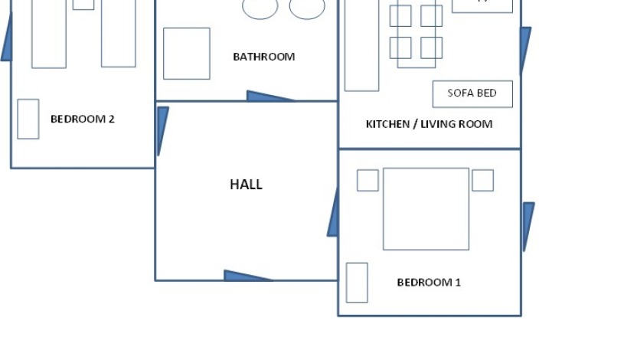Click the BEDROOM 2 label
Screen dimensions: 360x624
click(x=83, y=119)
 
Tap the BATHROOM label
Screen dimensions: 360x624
click(x=263, y=57)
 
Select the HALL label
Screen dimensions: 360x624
click(x=246, y=185)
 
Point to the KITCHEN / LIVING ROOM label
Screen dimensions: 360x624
click(x=429, y=124)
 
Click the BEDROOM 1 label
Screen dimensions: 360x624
click(x=429, y=283)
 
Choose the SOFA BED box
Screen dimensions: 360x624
click(x=472, y=93)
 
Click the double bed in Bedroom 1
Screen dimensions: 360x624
click(x=426, y=209)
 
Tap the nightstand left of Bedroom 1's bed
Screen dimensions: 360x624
click(x=368, y=181)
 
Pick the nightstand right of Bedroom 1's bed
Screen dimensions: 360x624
click(x=482, y=181)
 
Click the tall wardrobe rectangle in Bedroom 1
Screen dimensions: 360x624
click(x=357, y=283)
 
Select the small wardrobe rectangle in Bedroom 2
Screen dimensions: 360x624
click(x=28, y=119)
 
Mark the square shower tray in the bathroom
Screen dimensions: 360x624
click(x=187, y=54)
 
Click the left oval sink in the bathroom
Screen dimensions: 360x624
click(x=260, y=8)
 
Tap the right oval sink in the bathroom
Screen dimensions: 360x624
click(x=307, y=8)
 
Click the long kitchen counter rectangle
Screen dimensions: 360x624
click(x=361, y=46)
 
